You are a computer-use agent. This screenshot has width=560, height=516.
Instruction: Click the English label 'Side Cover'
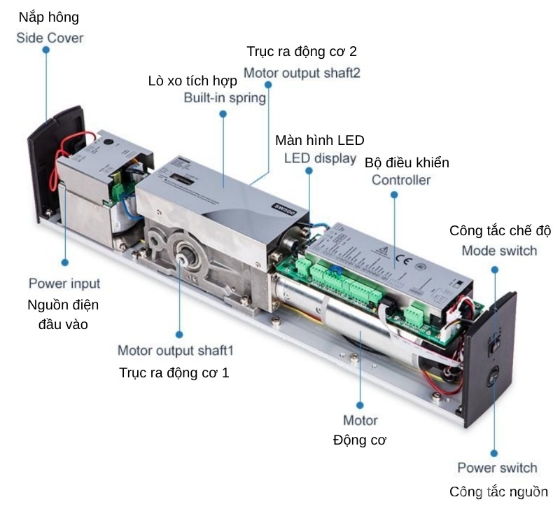(x=50, y=38)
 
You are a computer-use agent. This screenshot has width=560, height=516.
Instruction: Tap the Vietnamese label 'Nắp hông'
(x=49, y=17)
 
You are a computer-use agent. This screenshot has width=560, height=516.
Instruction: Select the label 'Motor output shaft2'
(x=302, y=72)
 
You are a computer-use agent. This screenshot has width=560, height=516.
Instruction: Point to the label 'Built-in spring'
(x=225, y=97)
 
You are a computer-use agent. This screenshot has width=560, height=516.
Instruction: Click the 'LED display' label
(x=320, y=158)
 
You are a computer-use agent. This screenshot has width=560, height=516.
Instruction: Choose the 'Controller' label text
(x=401, y=180)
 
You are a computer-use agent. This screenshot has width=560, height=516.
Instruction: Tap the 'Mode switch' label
(x=499, y=250)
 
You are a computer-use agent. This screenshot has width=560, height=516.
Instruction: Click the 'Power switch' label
(x=497, y=468)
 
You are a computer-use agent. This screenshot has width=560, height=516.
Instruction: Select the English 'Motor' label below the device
(x=360, y=420)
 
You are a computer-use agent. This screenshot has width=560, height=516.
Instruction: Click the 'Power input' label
(x=64, y=284)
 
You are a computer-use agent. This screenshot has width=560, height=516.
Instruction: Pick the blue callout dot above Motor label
(x=360, y=405)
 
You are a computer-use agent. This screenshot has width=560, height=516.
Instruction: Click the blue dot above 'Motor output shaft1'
(x=178, y=335)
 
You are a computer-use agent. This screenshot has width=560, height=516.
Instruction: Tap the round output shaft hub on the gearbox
(x=185, y=257)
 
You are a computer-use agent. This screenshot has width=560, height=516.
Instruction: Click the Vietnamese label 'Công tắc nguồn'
(x=498, y=491)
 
